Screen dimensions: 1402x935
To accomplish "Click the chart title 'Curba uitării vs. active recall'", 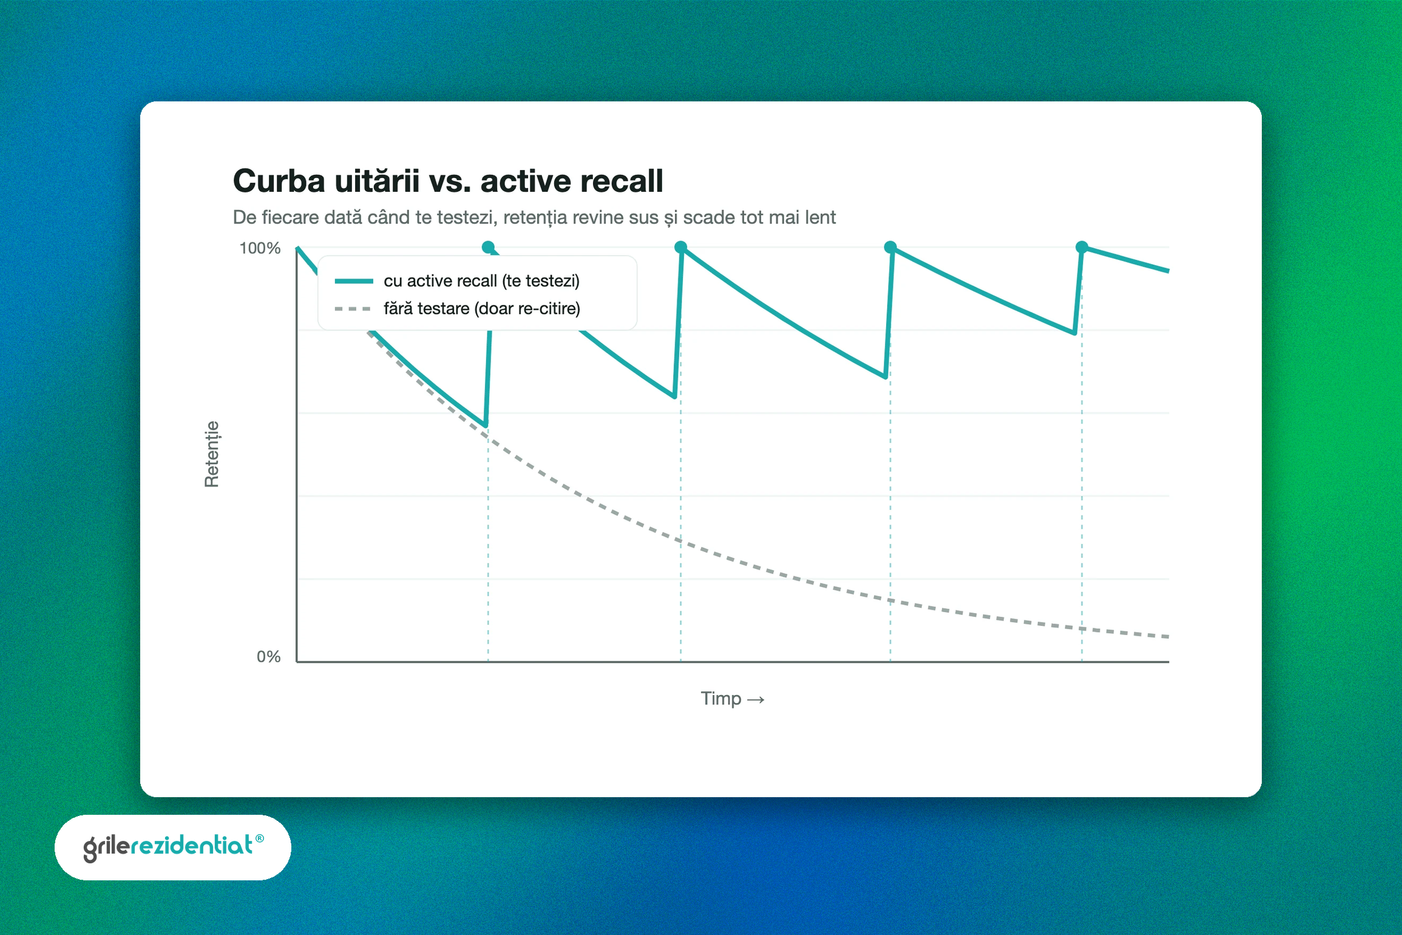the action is [x=448, y=181].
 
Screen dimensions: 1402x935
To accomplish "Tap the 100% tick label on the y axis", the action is [x=260, y=248].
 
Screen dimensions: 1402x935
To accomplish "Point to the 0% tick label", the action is [x=268, y=656].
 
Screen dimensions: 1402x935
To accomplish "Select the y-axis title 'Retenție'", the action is [x=211, y=454].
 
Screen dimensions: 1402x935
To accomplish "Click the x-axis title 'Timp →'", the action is [x=733, y=698].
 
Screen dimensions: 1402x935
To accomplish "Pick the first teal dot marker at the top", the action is [x=488, y=247].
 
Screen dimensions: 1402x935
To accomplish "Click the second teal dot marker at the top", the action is [x=680, y=247].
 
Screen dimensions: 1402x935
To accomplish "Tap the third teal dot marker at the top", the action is [x=890, y=247].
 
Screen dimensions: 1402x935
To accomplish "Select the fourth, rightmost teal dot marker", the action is [x=1082, y=247].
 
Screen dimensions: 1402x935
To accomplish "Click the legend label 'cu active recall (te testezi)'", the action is [x=482, y=280].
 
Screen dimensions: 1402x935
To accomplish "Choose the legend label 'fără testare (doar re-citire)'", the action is [x=482, y=308].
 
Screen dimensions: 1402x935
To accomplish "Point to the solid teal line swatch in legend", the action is [x=354, y=280].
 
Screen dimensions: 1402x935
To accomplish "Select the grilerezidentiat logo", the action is [x=173, y=848].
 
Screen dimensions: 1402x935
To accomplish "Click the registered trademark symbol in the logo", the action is [x=260, y=838].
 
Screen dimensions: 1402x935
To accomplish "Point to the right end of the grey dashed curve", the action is [x=1168, y=636].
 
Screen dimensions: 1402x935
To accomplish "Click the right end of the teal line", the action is [x=1168, y=271].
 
